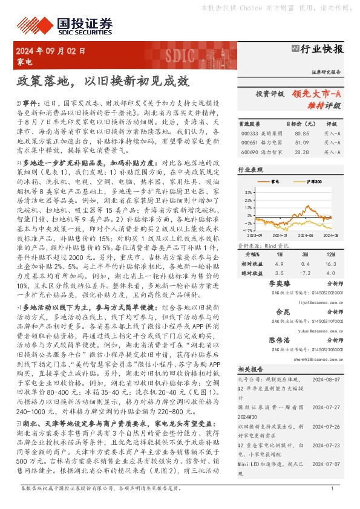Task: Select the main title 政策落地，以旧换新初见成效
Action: [103, 81]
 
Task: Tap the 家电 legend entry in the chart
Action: [275, 181]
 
